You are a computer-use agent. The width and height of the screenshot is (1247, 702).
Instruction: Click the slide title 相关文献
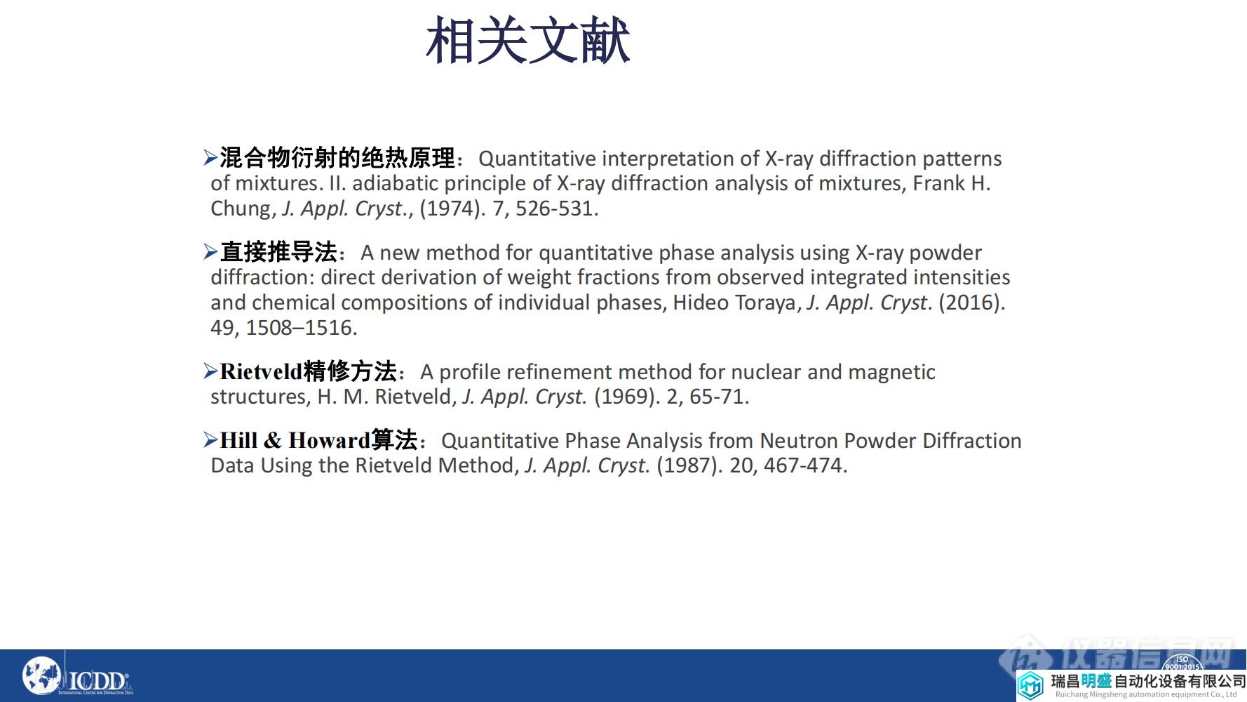[x=527, y=41]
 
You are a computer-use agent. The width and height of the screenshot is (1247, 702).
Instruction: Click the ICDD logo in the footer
[x=77, y=677]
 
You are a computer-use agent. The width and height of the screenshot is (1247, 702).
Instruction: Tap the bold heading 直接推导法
[x=278, y=252]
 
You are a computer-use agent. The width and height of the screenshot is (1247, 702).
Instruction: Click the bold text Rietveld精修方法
[x=308, y=371]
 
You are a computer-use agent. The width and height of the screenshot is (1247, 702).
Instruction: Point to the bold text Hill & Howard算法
[x=318, y=440]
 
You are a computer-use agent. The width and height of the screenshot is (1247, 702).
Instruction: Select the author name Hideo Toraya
[x=734, y=303]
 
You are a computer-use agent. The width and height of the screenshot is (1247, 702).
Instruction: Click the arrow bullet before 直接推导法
[x=210, y=252]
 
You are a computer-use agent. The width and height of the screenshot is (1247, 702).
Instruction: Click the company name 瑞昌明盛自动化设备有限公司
[x=1147, y=681]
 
